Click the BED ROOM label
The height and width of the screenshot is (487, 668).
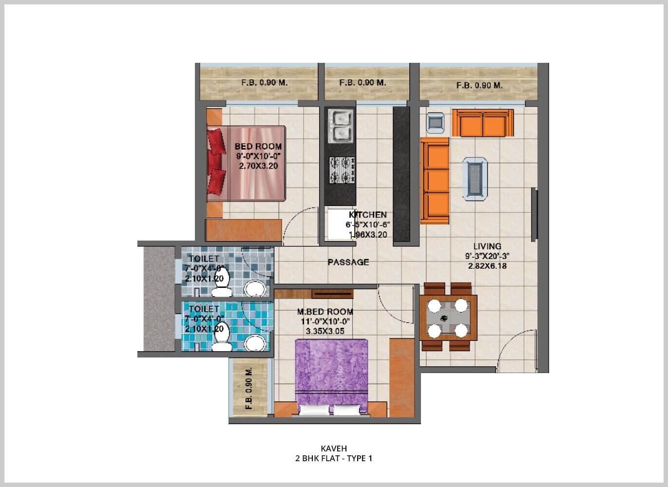point(258,146)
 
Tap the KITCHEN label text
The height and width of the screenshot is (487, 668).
point(368,215)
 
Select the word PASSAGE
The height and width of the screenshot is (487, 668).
point(348,262)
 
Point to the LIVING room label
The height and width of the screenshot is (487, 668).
point(487,246)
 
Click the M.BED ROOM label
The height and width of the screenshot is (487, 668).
point(325,312)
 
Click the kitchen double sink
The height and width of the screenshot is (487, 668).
point(340,126)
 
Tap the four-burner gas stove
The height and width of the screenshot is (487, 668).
point(342,169)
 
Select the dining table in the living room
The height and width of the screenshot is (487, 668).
point(448,318)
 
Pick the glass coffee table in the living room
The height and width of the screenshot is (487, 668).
point(475,178)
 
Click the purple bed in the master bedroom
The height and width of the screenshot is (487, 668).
point(332,375)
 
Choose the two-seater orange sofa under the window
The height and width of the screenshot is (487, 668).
point(482,123)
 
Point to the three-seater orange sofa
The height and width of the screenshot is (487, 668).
point(435,181)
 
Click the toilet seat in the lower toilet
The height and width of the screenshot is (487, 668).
point(222,343)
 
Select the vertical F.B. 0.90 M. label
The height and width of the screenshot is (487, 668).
point(249,388)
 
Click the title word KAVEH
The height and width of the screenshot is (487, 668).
point(334,449)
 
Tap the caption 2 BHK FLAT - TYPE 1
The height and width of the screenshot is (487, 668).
point(334,458)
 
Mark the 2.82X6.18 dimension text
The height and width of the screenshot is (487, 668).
point(487,266)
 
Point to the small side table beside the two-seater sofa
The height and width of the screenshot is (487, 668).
point(435,123)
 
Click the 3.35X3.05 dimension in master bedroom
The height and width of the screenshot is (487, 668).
point(325,331)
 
